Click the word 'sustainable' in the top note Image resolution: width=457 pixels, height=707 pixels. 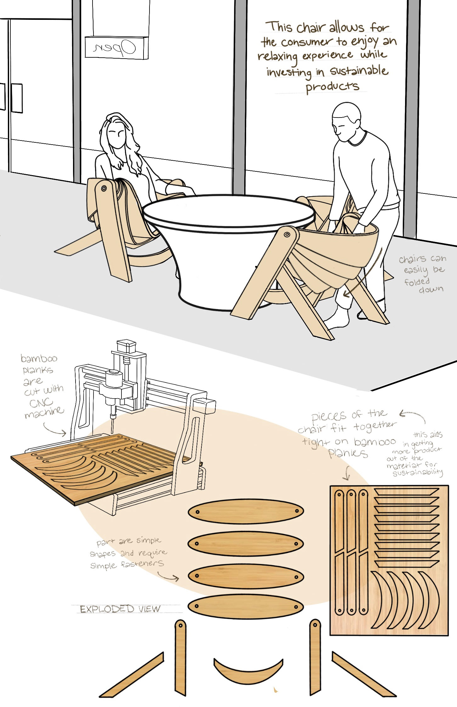(x=359, y=71)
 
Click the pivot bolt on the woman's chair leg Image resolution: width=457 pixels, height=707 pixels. (x=104, y=189)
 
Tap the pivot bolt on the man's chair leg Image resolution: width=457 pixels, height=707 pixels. (x=287, y=235)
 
